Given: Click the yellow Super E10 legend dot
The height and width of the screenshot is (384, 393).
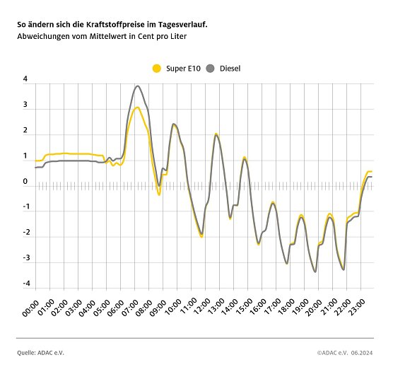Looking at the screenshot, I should coord(157,68).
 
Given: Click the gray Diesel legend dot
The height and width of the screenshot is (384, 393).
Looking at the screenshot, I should coord(211,68).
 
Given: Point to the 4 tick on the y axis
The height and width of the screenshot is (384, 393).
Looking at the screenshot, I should coord(25,79).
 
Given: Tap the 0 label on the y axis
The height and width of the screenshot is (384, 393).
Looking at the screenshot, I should coord(25,182).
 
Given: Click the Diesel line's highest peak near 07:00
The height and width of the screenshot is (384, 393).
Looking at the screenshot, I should coord(137,86).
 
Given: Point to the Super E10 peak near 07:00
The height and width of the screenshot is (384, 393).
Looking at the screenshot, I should coord(137,107).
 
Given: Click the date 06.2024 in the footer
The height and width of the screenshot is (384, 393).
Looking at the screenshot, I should coord(363,351).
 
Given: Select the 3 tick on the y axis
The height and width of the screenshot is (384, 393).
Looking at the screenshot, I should coord(25,105).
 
